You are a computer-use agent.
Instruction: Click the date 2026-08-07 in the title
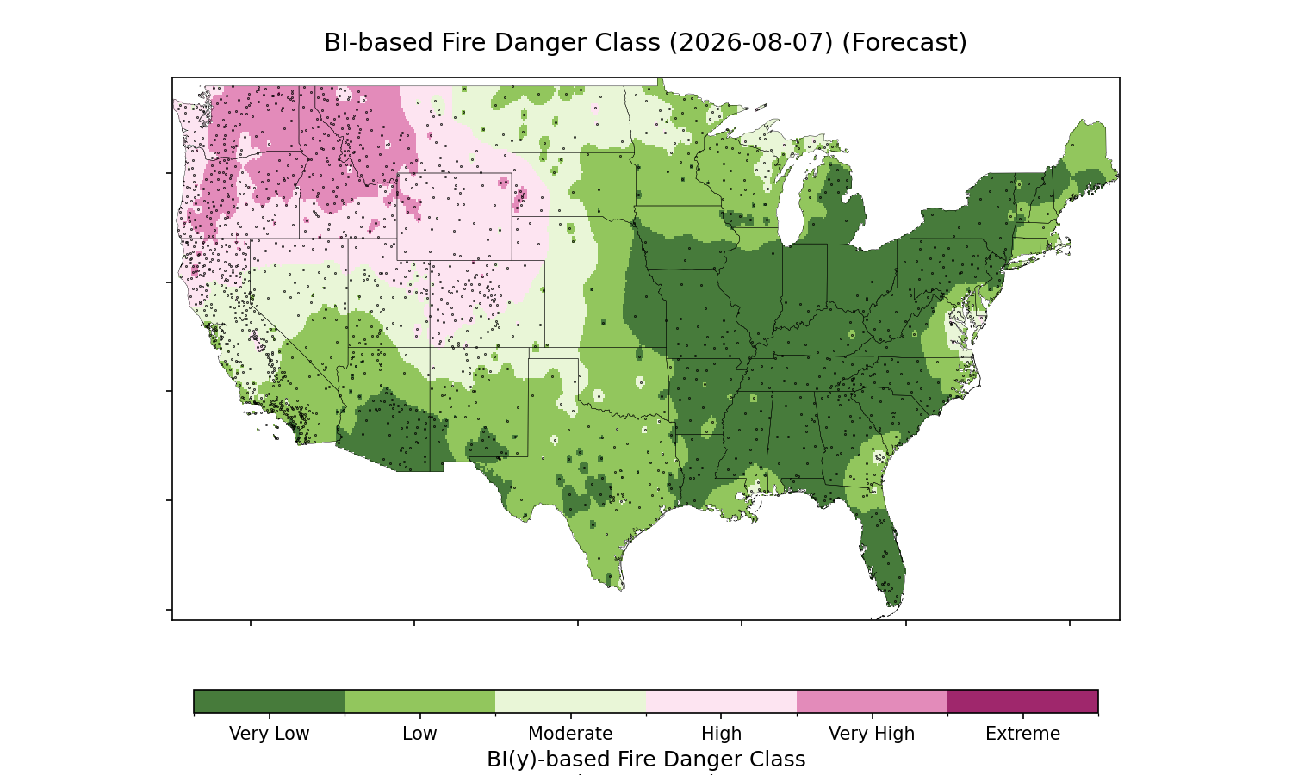pos(751,43)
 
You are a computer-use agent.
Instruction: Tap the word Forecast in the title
pos(904,43)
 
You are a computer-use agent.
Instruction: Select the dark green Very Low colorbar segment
pos(270,701)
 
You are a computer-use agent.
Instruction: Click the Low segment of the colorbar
pos(420,701)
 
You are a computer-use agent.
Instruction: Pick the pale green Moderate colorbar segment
pos(571,701)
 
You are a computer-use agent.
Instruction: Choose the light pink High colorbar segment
pos(722,701)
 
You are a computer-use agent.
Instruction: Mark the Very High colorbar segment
pos(872,701)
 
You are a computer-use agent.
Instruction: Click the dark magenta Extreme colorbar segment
pos(1022,701)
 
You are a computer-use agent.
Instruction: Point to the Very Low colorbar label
pos(270,734)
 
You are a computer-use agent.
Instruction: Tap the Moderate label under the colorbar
pos(570,734)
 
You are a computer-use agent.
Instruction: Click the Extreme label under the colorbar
pos(1022,734)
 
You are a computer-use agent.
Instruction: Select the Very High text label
pos(872,734)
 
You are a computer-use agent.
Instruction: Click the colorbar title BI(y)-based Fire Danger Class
pos(646,759)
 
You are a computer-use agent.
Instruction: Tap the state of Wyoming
pos(454,216)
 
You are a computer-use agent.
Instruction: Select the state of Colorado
pos(487,304)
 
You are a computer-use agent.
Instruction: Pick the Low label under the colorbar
pos(420,734)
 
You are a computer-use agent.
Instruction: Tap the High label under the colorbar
pos(722,734)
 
